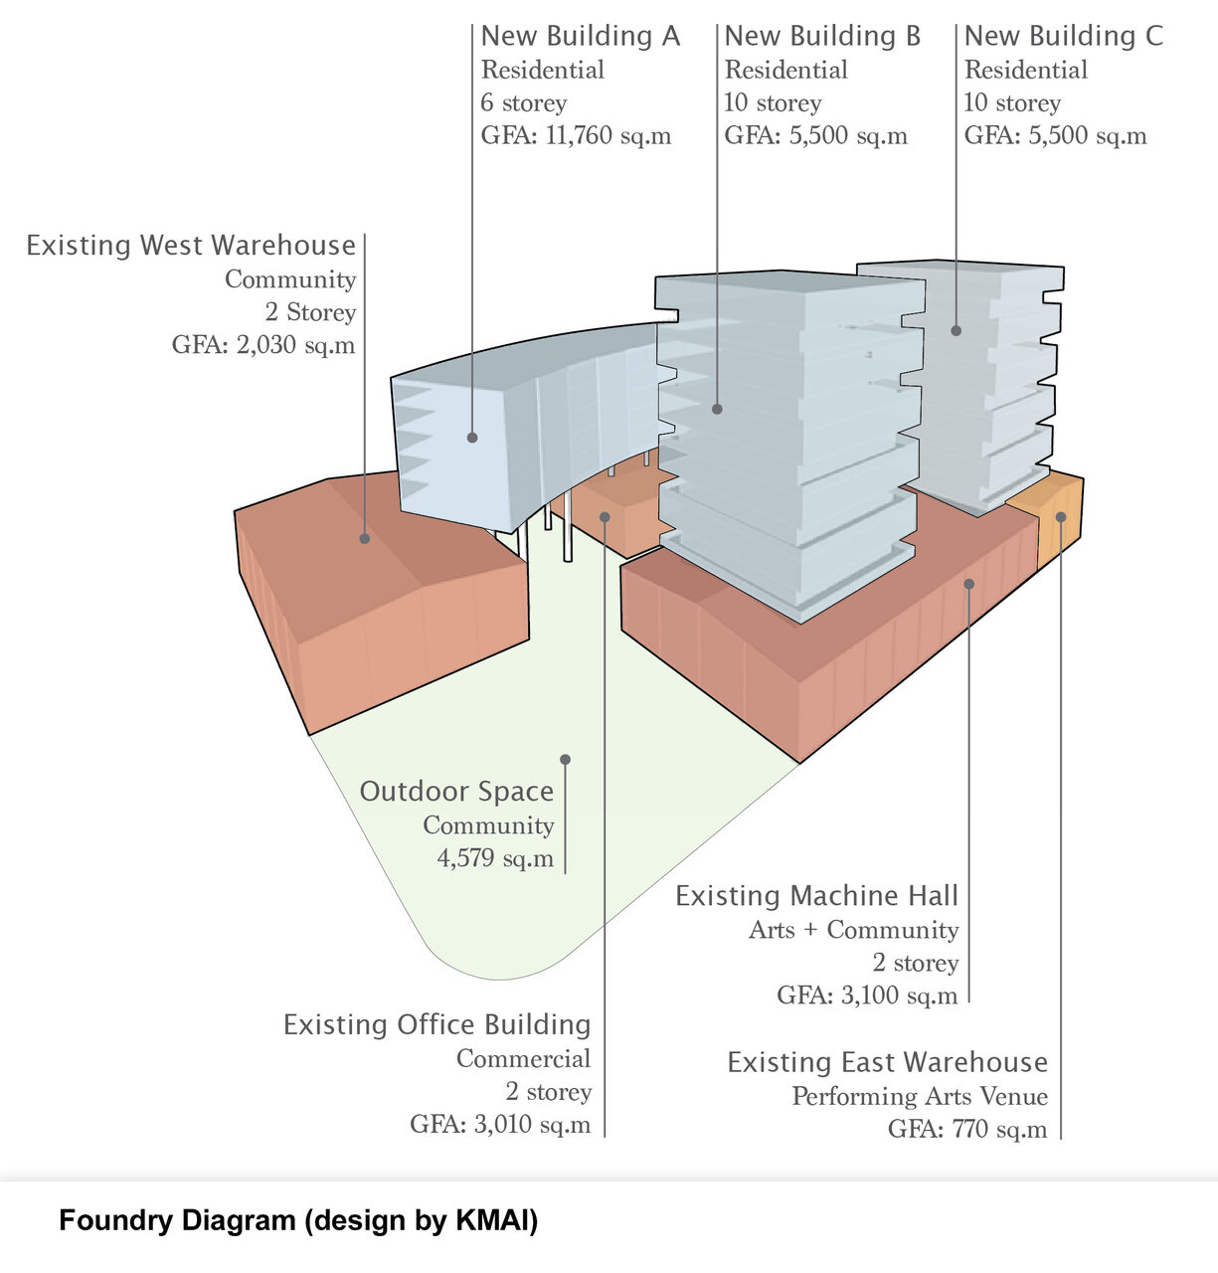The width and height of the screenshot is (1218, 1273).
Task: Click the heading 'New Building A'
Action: [581, 37]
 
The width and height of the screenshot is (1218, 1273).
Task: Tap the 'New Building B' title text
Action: [822, 37]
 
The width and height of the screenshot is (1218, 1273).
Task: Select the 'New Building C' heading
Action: [1063, 37]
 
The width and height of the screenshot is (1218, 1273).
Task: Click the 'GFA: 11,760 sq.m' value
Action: [576, 136]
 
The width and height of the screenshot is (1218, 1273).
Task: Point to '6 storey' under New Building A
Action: [524, 103]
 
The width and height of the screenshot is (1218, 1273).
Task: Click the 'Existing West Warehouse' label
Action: [191, 246]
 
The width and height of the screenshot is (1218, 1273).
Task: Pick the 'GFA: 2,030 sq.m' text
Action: [263, 345]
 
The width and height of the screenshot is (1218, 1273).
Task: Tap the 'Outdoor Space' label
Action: [456, 792]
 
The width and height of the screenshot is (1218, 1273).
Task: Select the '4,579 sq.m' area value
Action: [495, 858]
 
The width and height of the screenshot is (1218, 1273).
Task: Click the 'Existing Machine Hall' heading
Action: [816, 896]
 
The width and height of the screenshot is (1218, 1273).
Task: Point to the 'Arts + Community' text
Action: [853, 930]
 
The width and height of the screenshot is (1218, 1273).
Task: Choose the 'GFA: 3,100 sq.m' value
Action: [867, 996]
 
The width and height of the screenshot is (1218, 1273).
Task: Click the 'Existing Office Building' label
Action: [436, 1025]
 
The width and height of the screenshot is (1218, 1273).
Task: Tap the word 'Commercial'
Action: [523, 1059]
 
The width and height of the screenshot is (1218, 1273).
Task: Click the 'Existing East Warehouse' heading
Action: [887, 1063]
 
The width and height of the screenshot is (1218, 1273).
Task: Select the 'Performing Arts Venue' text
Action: [920, 1097]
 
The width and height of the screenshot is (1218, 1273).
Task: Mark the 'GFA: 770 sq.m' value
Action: [967, 1130]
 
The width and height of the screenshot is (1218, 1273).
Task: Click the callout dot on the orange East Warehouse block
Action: [1061, 516]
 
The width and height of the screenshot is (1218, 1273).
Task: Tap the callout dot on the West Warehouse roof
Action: [365, 538]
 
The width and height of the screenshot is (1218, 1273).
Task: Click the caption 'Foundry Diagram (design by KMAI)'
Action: [298, 1220]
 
